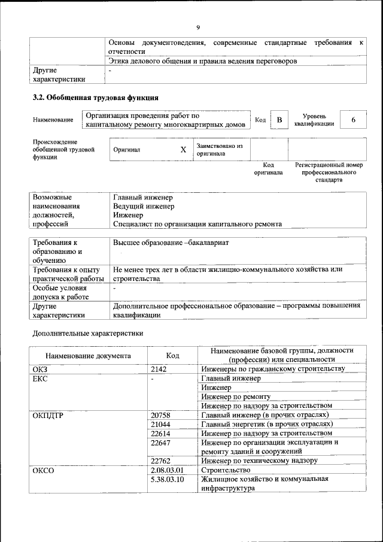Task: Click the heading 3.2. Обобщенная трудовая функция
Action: tap(95, 97)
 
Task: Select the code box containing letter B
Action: tap(278, 120)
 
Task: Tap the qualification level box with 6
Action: tap(353, 120)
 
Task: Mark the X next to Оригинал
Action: tap(183, 150)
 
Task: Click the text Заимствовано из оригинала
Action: tap(220, 150)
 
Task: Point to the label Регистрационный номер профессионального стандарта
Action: tap(329, 172)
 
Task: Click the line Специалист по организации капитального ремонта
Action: tap(197, 224)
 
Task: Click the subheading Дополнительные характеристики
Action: tap(87, 332)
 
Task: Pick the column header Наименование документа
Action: tap(87, 355)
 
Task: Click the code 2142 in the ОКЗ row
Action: tap(159, 369)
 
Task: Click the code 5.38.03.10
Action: tap(168, 479)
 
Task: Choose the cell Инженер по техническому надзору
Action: tap(259, 461)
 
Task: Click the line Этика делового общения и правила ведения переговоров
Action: tap(203, 60)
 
